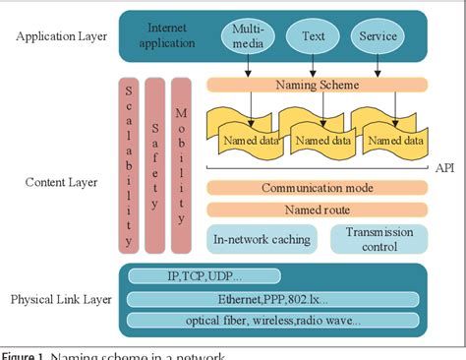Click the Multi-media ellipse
248,36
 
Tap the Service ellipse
378,36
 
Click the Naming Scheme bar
316,86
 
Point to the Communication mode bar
316,187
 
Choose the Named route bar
316,209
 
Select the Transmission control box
379,237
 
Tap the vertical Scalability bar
128,162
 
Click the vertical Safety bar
155,162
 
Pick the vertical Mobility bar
183,162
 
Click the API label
444,168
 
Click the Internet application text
166,35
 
